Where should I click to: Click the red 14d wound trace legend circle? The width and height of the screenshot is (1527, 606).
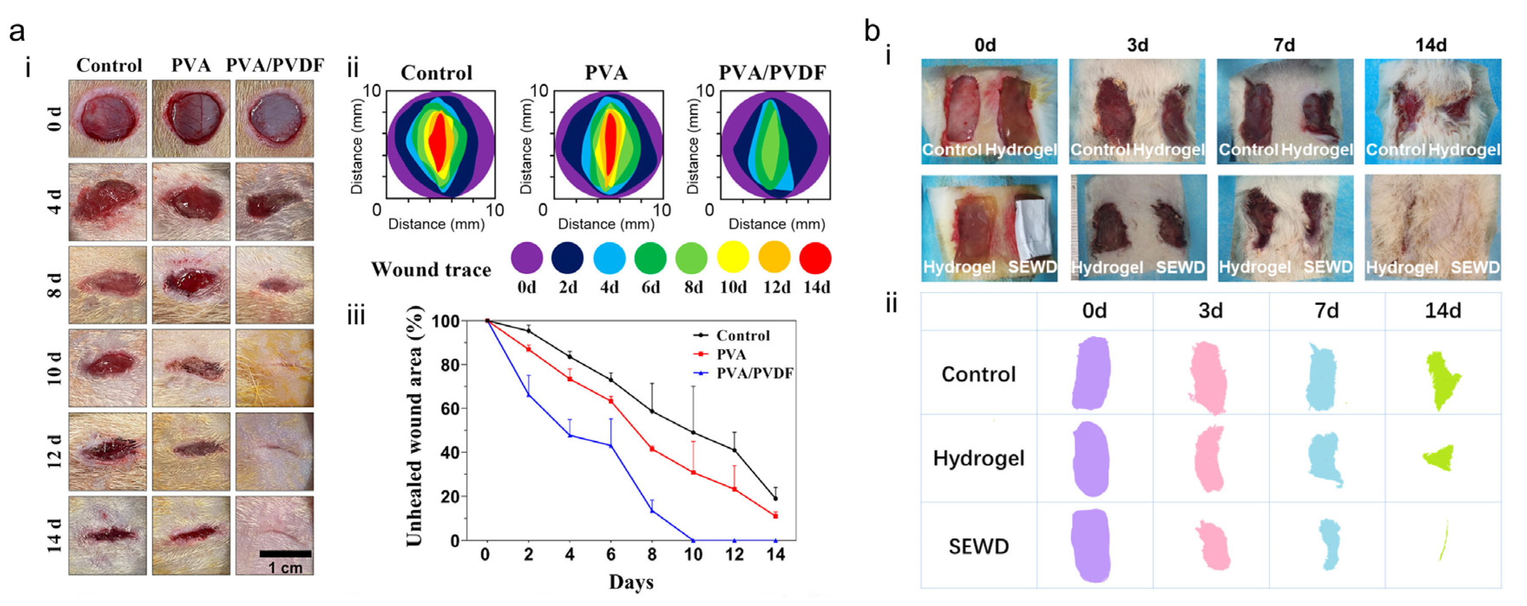(x=815, y=259)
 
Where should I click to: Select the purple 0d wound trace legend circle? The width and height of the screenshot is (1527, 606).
(x=526, y=259)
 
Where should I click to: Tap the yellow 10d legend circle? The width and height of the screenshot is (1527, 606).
(x=732, y=259)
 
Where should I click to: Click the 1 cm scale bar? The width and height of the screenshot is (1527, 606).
(x=285, y=554)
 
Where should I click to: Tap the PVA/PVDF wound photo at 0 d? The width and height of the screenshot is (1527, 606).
(x=274, y=118)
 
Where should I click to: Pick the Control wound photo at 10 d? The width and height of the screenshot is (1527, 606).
(x=107, y=368)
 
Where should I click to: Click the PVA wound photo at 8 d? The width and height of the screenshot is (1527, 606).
(x=191, y=285)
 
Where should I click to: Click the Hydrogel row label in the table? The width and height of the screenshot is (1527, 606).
(x=978, y=458)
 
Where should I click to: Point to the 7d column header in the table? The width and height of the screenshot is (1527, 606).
(x=1326, y=311)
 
